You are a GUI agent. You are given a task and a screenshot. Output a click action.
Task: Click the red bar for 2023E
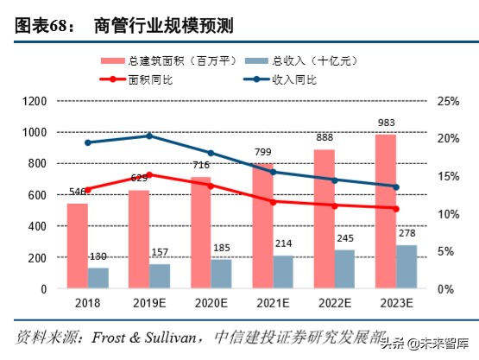point(386,211)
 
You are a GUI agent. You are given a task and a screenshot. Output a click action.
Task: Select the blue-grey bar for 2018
point(98,278)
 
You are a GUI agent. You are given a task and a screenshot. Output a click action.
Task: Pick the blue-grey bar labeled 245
point(344,268)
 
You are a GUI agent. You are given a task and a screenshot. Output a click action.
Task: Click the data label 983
point(386,124)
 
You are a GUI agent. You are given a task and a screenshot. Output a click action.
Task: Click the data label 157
point(160,254)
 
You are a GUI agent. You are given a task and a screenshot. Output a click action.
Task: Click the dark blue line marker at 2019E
point(149,136)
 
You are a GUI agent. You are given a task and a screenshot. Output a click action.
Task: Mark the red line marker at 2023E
point(396,208)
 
